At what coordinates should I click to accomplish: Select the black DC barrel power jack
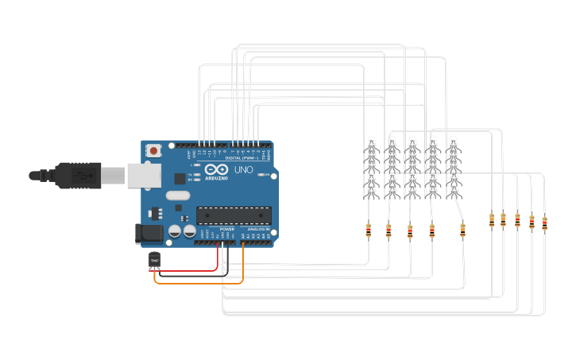coord(149,233)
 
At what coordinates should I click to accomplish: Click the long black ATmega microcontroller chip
coord(234,215)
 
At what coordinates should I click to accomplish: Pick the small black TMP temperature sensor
coord(154,260)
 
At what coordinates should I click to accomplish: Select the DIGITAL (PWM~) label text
coord(240,157)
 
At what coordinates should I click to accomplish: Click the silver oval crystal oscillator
coord(178,195)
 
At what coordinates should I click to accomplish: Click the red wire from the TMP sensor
coord(191,270)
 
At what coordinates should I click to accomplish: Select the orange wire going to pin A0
coord(199,282)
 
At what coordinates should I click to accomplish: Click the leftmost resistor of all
coord(368,230)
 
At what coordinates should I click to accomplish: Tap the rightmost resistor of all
coord(544,223)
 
